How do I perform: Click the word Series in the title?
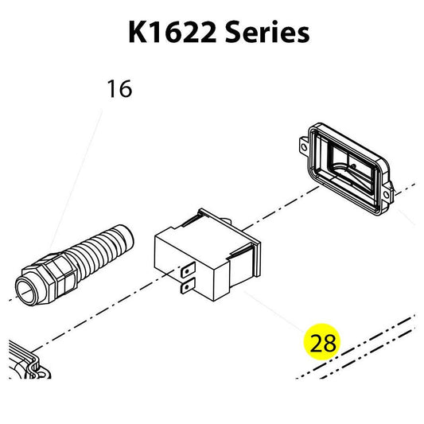click(x=267, y=33)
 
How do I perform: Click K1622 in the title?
click(x=173, y=33)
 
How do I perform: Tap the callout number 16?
click(x=120, y=88)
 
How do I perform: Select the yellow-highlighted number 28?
click(x=323, y=343)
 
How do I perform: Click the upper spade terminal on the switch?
click(x=188, y=270)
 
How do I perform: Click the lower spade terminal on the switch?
click(x=189, y=286)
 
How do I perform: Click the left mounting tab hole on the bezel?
click(x=304, y=148)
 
